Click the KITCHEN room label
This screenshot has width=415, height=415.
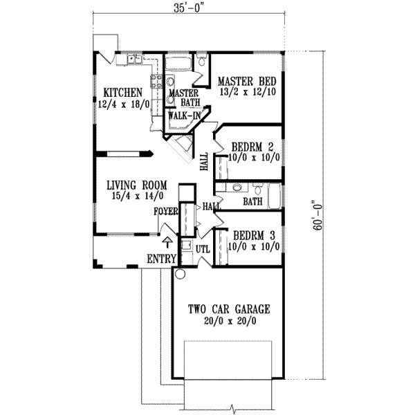(123, 93)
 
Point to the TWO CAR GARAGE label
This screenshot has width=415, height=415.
(229, 309)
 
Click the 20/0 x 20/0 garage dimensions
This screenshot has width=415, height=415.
(229, 321)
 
